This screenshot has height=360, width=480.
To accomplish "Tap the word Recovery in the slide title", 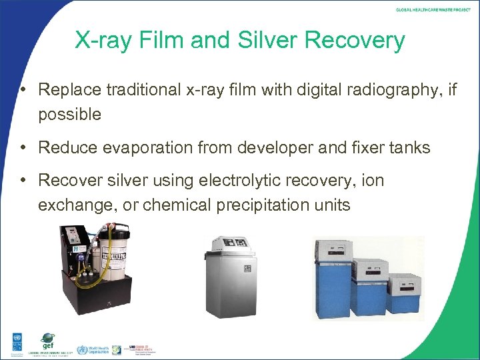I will [x=355, y=40].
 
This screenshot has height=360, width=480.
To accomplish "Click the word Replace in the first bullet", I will [x=65, y=89].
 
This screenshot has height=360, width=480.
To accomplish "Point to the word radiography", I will [x=392, y=89].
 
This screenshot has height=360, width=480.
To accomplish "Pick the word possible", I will [x=69, y=114].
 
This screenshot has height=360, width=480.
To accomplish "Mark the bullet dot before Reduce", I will [x=23, y=147].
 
